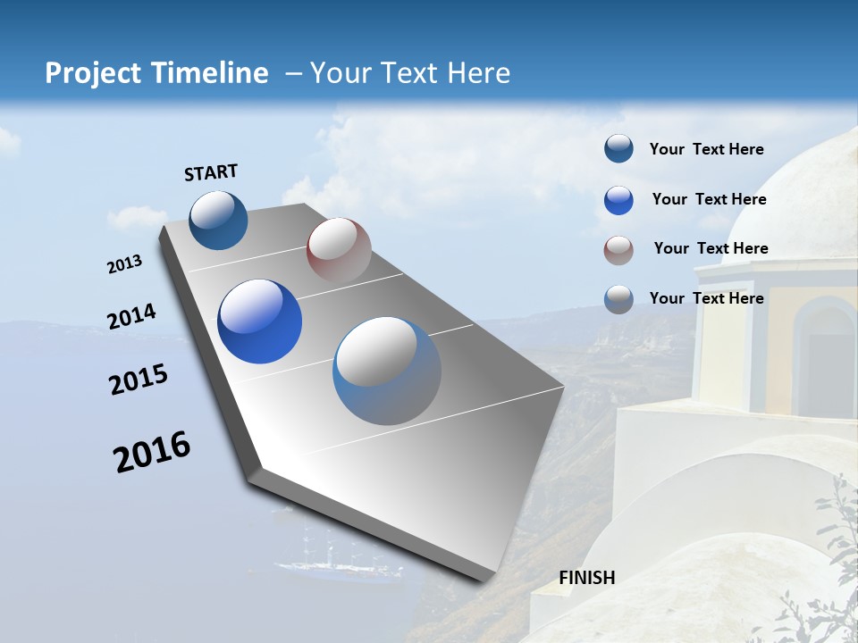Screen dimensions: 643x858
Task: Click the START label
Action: (211, 171)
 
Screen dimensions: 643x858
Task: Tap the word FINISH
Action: (587, 578)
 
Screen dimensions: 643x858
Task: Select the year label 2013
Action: (125, 264)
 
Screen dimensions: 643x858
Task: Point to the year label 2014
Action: (132, 317)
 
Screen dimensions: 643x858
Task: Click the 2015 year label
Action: (139, 380)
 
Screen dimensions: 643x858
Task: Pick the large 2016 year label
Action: (152, 452)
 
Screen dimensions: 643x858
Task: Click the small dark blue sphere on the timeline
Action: (218, 221)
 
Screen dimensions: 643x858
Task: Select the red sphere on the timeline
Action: (339, 250)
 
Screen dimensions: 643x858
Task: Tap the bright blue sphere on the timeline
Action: (260, 321)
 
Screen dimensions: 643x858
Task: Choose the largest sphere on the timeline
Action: (387, 371)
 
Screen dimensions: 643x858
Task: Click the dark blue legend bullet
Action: (618, 149)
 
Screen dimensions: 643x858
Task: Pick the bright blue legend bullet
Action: (618, 200)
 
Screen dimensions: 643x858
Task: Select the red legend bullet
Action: (618, 250)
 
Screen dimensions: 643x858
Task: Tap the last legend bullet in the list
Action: (618, 299)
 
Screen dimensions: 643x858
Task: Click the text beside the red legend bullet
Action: (711, 248)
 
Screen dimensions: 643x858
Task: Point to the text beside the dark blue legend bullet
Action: (706, 149)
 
